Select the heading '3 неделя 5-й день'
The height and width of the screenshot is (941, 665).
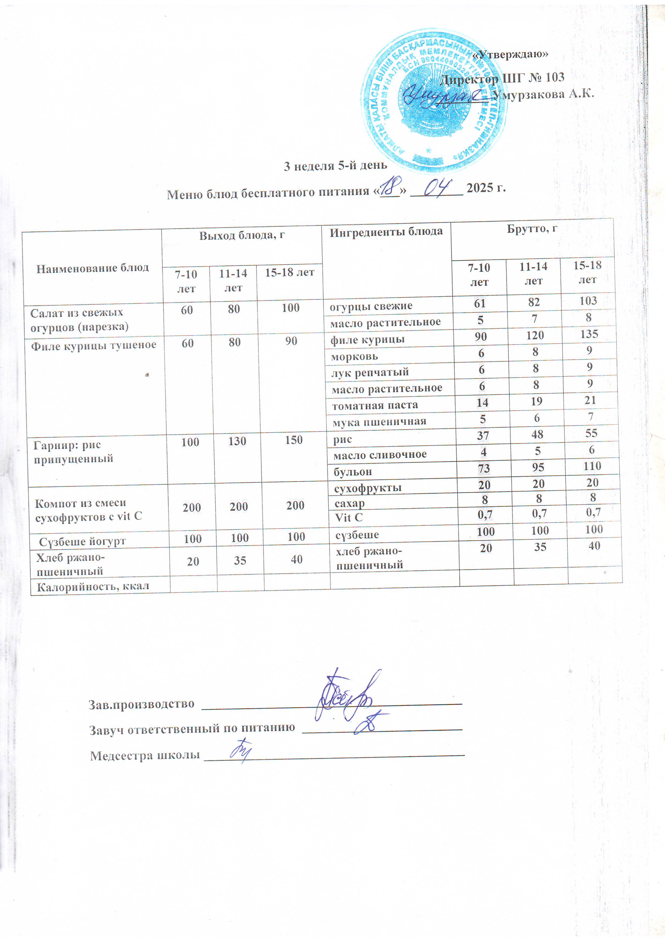[x=335, y=166]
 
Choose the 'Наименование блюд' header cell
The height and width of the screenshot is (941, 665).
[x=92, y=269]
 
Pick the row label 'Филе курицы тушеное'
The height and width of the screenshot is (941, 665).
[x=93, y=345]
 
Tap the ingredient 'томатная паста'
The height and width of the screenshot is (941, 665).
[x=375, y=405]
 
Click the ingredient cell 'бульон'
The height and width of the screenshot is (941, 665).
[x=352, y=472]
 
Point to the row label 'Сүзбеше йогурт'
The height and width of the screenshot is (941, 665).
[x=82, y=541]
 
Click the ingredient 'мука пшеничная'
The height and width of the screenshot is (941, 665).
[x=379, y=421]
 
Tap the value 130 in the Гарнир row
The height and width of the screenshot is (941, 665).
[x=237, y=442]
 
